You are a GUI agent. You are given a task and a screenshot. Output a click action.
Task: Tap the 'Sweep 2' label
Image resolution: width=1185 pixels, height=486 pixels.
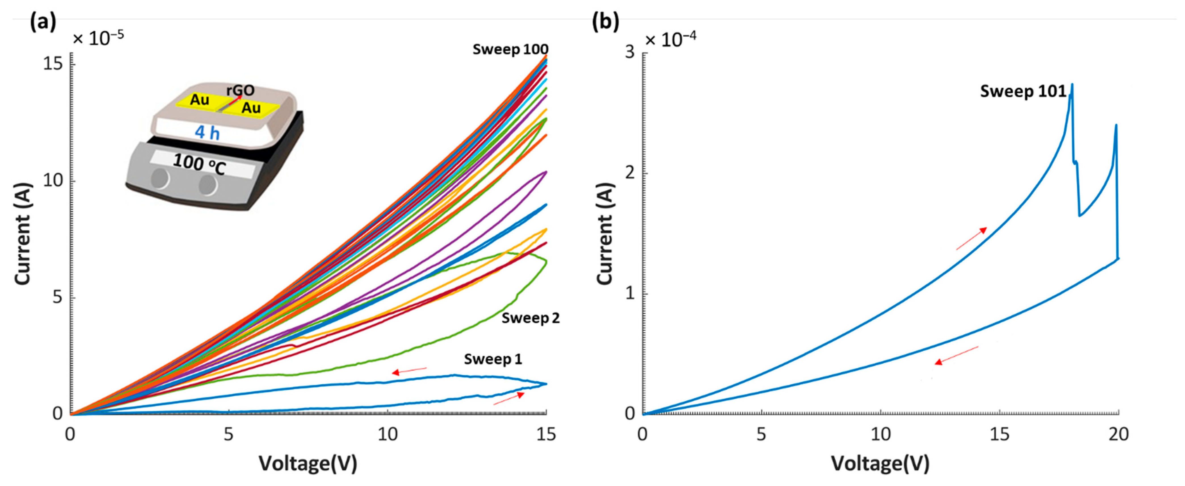point(531,318)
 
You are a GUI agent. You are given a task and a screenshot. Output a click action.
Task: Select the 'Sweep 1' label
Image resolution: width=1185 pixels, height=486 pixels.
point(493,359)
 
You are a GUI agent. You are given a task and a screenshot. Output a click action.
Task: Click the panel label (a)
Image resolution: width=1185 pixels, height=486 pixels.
point(43,22)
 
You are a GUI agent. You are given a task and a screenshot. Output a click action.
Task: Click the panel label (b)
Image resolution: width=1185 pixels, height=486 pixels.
point(605,22)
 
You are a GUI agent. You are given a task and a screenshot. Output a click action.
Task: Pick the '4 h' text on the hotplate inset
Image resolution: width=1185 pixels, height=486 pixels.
point(207,133)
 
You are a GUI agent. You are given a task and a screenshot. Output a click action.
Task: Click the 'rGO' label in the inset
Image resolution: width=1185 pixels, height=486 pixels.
point(240,90)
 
